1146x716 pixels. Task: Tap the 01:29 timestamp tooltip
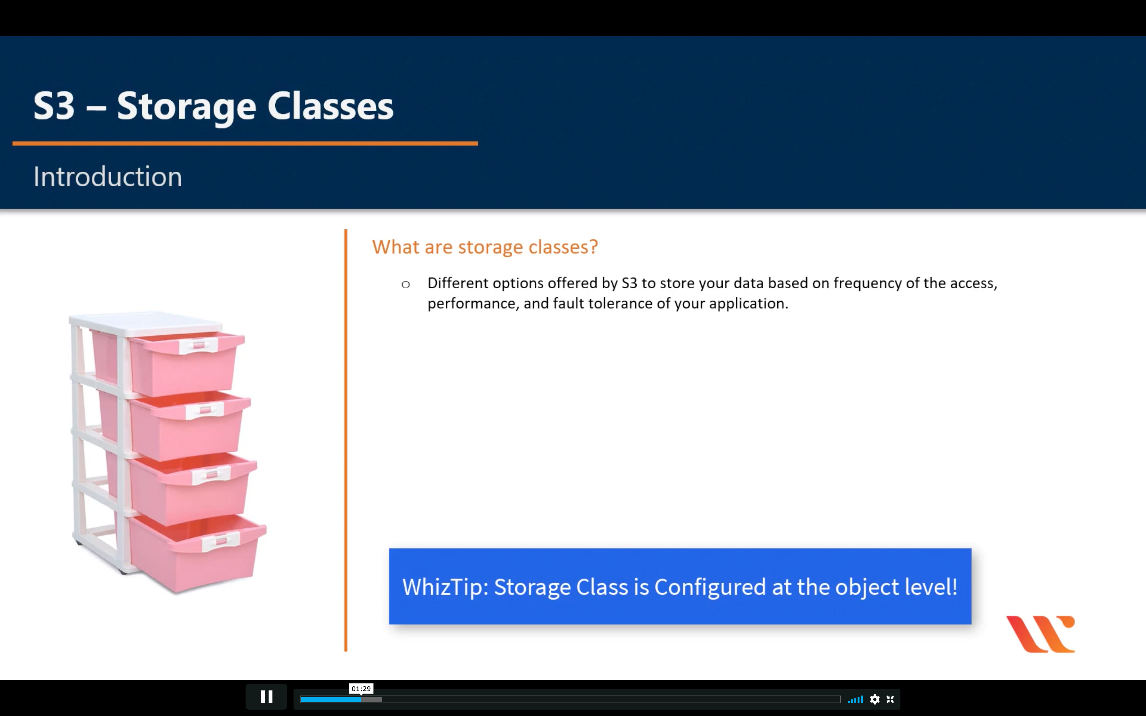pyautogui.click(x=361, y=689)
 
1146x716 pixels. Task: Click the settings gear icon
pyautogui.click(x=875, y=699)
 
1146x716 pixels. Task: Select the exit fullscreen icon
pyautogui.click(x=890, y=699)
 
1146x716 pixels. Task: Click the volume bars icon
pyautogui.click(x=855, y=699)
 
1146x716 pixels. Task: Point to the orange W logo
pyautogui.click(x=1041, y=634)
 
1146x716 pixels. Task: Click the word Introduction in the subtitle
pyautogui.click(x=107, y=177)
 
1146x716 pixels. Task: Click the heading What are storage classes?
pyautogui.click(x=485, y=247)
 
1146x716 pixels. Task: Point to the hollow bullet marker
pyautogui.click(x=405, y=284)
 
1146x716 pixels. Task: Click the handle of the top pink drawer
pyautogui.click(x=199, y=345)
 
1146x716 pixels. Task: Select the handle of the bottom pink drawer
pyautogui.click(x=221, y=541)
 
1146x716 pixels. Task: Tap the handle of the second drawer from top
pyautogui.click(x=205, y=410)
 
